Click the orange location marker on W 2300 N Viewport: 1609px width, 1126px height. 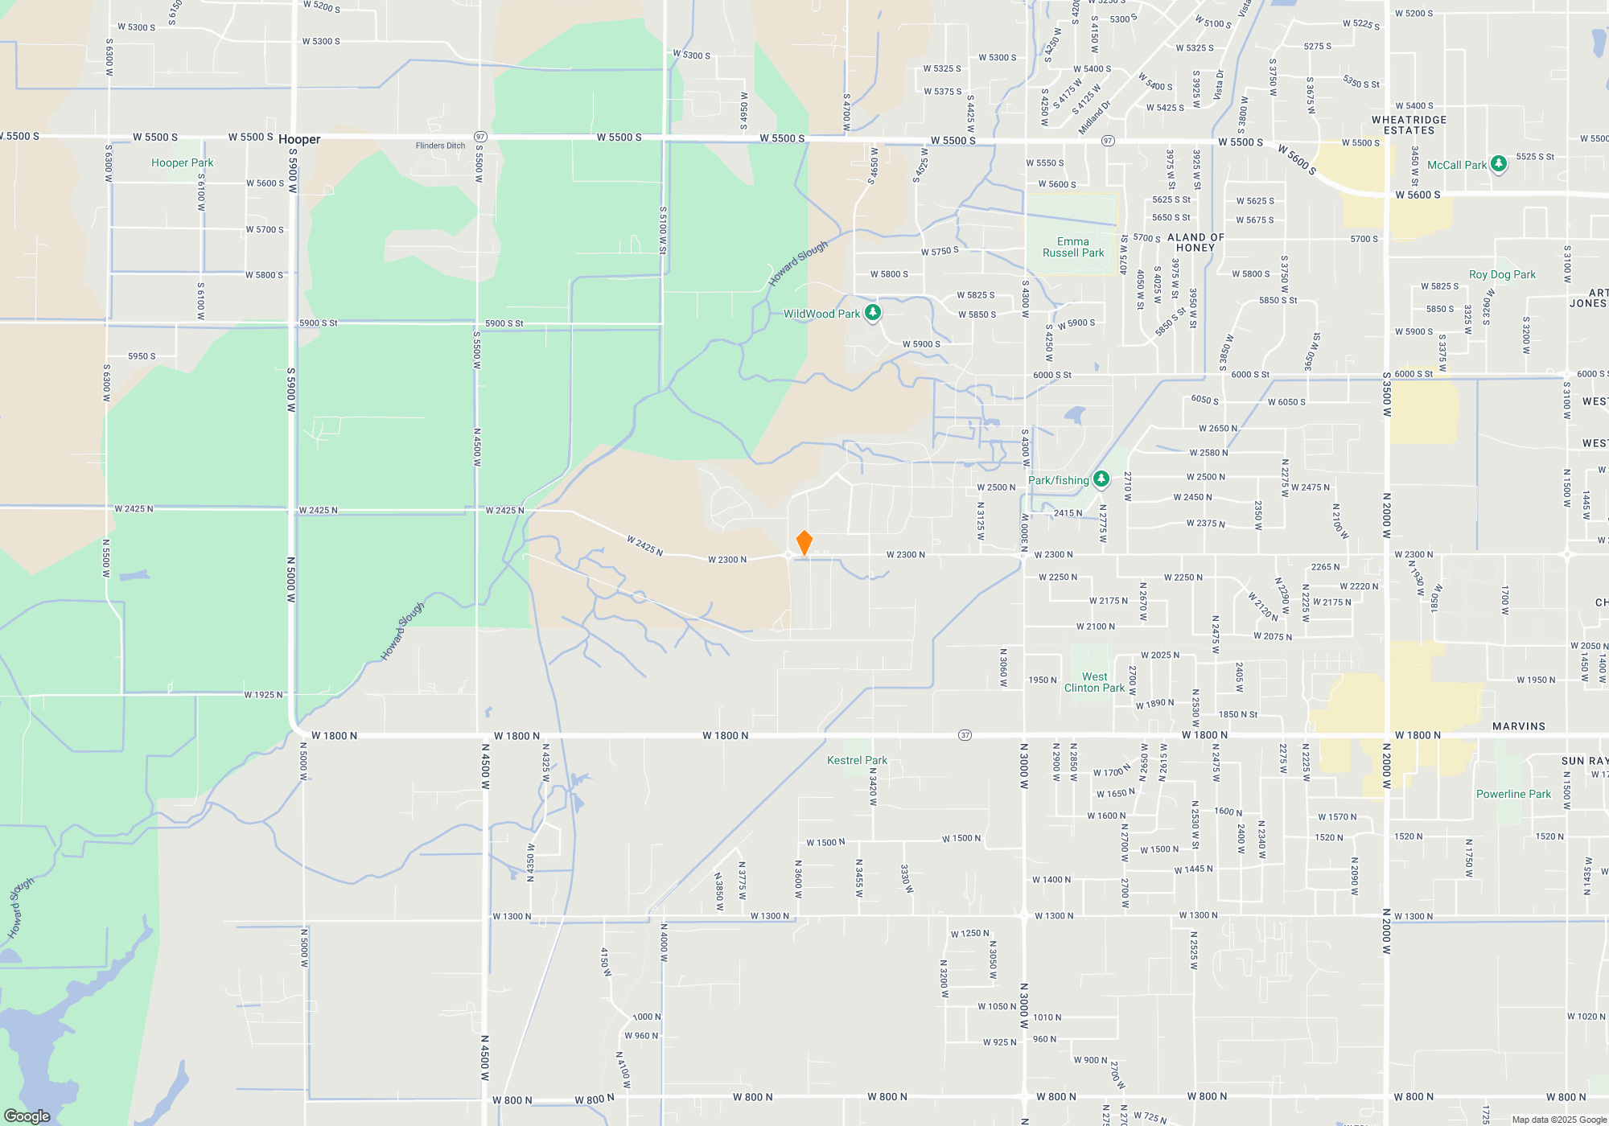[804, 543]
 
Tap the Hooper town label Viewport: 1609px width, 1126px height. [299, 139]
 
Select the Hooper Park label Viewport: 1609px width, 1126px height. [182, 162]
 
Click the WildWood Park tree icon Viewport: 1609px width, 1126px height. [873, 313]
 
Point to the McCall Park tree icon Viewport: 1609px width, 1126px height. [1498, 164]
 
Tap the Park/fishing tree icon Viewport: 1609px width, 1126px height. [1101, 479]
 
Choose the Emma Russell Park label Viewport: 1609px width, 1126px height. [1073, 247]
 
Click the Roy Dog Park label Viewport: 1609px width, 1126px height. [1502, 274]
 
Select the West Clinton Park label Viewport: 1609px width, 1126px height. [1094, 682]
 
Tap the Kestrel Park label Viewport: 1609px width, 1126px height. [857, 760]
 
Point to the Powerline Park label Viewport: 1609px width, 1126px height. [1513, 794]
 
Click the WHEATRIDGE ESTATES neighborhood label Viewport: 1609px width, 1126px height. [1409, 125]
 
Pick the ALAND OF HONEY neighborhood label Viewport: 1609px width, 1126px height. [1195, 242]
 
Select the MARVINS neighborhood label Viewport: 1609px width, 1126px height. [1518, 726]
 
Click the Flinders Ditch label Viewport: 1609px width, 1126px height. [440, 146]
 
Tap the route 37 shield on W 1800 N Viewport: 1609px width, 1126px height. [965, 735]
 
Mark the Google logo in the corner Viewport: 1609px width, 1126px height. [27, 1116]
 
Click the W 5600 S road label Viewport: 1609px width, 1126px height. [1418, 195]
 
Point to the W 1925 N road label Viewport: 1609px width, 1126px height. [263, 695]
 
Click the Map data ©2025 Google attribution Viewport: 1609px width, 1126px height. [1559, 1120]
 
